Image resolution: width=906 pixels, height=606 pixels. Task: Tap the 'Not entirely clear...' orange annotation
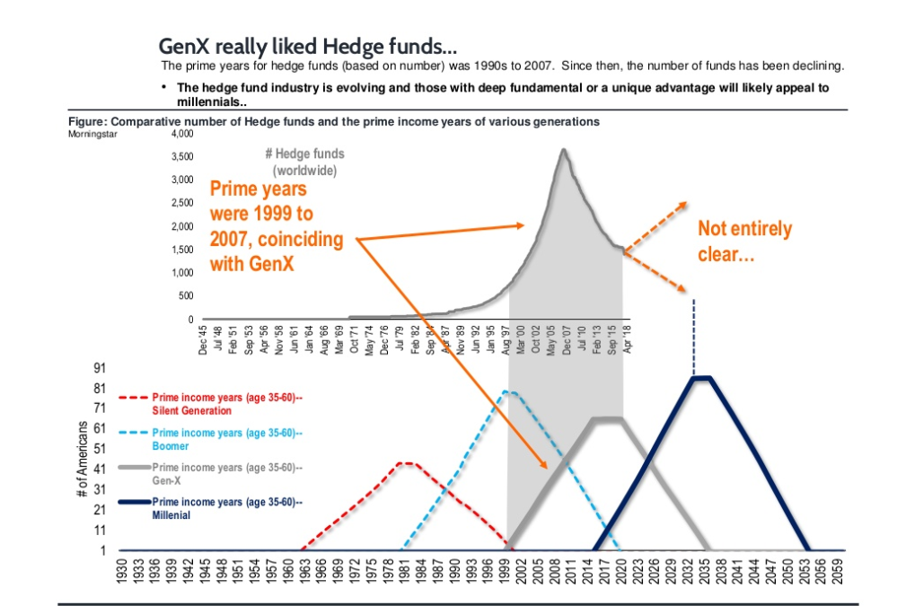click(x=744, y=242)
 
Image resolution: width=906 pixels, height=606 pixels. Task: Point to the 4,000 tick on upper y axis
click(x=181, y=134)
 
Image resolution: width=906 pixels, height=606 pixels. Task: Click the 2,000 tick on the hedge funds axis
click(x=181, y=226)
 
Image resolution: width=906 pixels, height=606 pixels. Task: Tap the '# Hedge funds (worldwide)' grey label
click(x=304, y=162)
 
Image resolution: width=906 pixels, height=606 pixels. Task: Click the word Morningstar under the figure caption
click(x=92, y=134)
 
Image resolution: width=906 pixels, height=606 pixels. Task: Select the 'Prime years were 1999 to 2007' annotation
click(x=269, y=226)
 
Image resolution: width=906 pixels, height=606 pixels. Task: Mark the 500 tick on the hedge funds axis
click(x=185, y=295)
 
